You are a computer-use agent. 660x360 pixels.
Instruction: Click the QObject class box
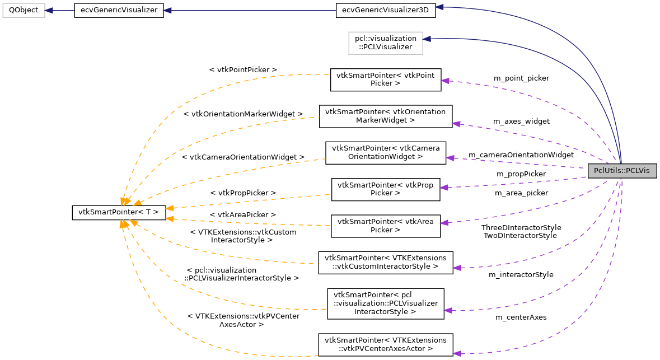(x=23, y=11)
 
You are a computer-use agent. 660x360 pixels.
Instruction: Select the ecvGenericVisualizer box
(x=119, y=11)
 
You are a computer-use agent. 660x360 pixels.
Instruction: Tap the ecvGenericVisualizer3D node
(x=385, y=11)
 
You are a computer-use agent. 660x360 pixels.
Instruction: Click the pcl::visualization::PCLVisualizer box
(x=385, y=43)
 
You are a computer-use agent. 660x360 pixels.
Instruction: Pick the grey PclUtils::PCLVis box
(x=621, y=171)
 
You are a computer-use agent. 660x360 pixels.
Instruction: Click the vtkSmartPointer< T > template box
(x=119, y=212)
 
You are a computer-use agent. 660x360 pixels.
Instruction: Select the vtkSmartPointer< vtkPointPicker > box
(x=385, y=80)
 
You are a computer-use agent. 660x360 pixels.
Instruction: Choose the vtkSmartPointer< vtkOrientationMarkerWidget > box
(x=385, y=116)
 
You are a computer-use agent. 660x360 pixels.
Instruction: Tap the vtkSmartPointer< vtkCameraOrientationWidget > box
(x=385, y=153)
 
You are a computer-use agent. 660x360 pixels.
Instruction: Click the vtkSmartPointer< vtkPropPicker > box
(x=385, y=189)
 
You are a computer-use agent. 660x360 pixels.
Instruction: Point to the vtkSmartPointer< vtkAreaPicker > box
(x=385, y=226)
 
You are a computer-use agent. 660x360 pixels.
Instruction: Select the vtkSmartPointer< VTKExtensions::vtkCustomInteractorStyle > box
(x=385, y=263)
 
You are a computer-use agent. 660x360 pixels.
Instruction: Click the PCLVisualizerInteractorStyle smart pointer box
(x=385, y=303)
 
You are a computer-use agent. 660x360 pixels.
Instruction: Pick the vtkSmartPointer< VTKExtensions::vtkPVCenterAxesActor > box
(x=385, y=344)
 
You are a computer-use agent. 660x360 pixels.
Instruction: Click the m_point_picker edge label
(x=521, y=78)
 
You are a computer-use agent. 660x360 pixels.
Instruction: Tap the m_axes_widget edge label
(x=521, y=121)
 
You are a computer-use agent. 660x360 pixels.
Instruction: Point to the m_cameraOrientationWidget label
(x=521, y=155)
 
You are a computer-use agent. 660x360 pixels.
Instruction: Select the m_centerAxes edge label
(x=521, y=317)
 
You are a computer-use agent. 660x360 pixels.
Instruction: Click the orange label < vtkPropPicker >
(x=243, y=193)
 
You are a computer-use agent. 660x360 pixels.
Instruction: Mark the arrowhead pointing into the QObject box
(x=49, y=11)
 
